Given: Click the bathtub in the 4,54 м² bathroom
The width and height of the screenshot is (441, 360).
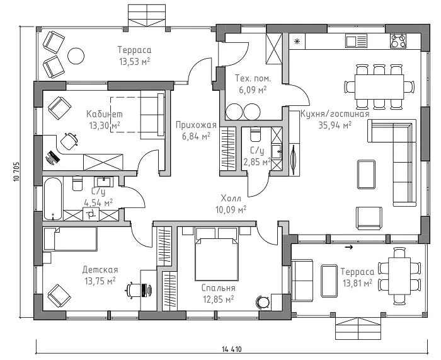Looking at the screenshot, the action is tap(52, 199).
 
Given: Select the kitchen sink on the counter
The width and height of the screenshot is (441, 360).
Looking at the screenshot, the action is tap(357, 41).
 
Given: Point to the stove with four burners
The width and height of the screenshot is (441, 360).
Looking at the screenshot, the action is tap(398, 41).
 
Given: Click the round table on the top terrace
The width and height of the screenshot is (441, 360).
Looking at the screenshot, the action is tap(76, 56).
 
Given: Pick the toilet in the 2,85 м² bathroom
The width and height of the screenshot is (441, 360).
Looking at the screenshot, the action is tap(255, 134).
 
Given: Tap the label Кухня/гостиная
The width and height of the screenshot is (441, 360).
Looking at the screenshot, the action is tap(335, 114).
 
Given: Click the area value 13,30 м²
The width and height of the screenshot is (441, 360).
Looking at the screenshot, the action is tap(105, 125).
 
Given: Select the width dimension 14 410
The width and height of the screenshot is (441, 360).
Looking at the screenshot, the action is tap(231, 349).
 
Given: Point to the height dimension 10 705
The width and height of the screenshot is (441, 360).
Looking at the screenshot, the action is tap(16, 171).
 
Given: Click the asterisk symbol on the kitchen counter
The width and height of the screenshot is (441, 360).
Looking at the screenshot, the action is tap(297, 42).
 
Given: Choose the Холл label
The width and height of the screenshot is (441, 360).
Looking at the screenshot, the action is tap(231, 199).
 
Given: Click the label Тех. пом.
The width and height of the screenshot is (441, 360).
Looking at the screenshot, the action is tap(253, 78).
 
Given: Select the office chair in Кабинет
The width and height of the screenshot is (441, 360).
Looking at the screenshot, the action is tap(69, 140).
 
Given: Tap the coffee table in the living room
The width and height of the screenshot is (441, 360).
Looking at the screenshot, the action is tap(366, 174).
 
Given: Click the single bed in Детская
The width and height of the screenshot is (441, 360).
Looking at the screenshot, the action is tap(71, 239).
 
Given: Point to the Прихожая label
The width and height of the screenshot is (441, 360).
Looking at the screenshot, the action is tap(196, 125).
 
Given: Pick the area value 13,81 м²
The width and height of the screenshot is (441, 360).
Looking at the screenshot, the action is tap(357, 283).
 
